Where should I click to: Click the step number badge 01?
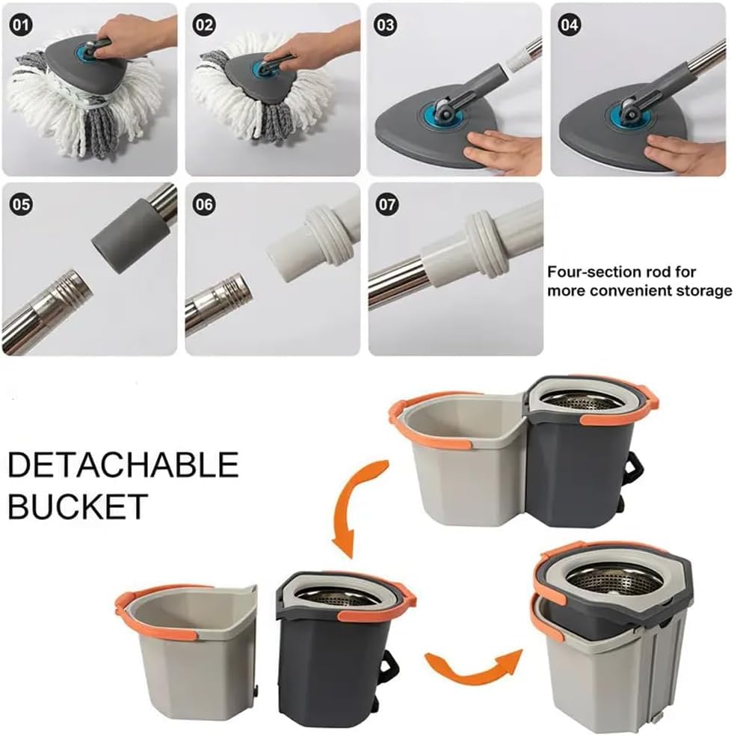(x=21, y=25)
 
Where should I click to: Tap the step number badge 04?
(x=570, y=25)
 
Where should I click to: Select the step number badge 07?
(x=387, y=205)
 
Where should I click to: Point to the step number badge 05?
(x=21, y=205)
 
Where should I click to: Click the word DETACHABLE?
(x=123, y=464)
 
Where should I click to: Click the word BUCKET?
(x=78, y=506)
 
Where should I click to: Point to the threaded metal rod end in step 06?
(x=229, y=293)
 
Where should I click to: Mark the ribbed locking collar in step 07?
(x=486, y=243)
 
